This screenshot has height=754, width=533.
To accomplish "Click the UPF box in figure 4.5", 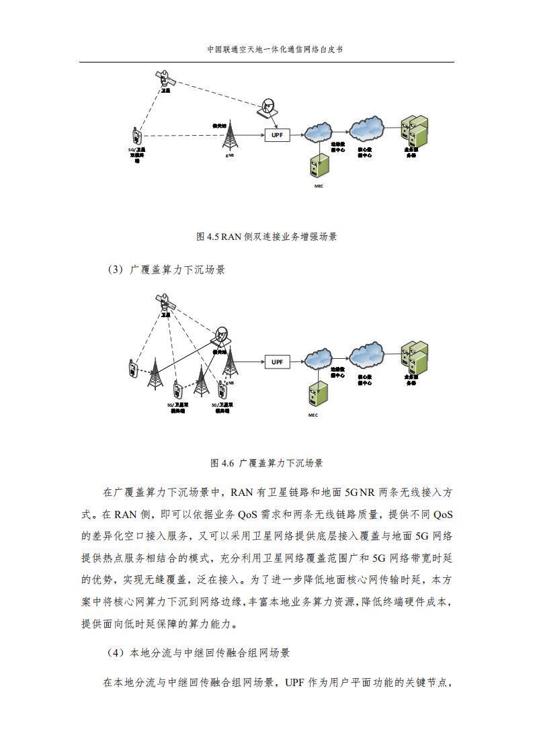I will [x=276, y=135].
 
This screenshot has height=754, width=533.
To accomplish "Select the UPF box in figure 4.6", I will [x=276, y=362].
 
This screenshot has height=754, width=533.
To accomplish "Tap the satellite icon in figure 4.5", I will [x=165, y=77].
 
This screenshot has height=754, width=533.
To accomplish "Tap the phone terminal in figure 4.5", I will [x=136, y=136].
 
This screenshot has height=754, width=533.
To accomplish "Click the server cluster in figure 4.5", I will [x=413, y=131].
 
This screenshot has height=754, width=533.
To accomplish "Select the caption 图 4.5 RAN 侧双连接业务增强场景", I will [x=266, y=237].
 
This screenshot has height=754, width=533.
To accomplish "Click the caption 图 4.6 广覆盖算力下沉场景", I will [x=266, y=463].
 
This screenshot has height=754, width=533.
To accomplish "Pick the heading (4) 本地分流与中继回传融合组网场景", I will [x=198, y=653].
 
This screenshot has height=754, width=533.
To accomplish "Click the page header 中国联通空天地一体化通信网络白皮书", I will [x=266, y=50].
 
